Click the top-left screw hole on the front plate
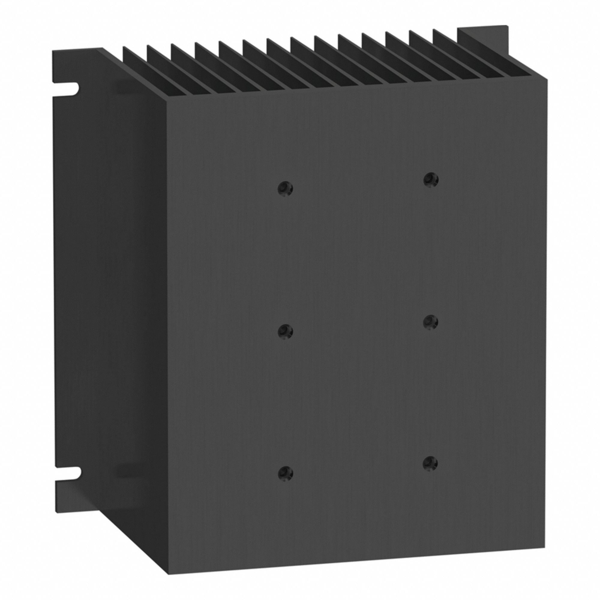[285, 188]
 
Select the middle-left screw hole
[285, 331]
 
